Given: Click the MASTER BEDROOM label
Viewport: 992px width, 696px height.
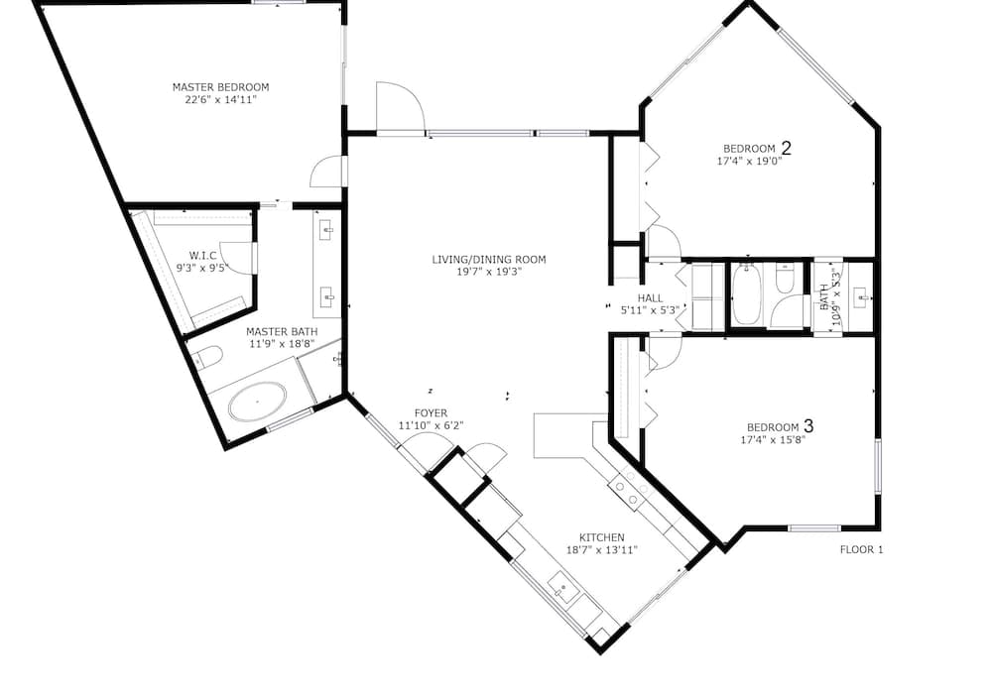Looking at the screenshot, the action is [x=221, y=87].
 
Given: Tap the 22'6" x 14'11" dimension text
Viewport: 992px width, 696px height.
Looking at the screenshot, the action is [x=221, y=100].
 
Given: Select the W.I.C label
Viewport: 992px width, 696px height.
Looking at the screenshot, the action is [x=202, y=256].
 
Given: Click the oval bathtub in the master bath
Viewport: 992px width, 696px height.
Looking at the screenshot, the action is [x=258, y=402].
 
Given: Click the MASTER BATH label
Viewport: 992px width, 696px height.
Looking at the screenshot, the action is [x=282, y=332].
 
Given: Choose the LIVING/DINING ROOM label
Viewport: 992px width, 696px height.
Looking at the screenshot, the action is [x=488, y=259].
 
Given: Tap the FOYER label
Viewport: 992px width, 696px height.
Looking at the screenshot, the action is [x=431, y=413].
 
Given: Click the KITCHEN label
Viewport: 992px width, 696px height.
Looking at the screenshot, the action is [x=602, y=538].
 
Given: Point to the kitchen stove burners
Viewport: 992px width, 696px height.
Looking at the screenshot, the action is [x=630, y=489].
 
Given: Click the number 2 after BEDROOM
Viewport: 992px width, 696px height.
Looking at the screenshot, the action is [x=787, y=148].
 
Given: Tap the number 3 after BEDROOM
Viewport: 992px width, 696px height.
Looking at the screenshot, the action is [x=807, y=426].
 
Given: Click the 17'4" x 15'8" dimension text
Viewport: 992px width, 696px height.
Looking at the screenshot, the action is [x=773, y=440].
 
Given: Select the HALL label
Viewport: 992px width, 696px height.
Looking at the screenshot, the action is [x=651, y=298].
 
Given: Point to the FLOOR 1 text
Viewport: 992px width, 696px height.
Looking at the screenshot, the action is [x=861, y=550].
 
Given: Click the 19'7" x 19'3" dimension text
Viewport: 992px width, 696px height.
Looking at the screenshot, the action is [x=488, y=272].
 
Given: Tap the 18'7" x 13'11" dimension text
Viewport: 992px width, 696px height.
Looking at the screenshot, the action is [x=602, y=550].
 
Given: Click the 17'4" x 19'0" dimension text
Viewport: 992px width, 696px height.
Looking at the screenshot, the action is [x=749, y=162].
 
